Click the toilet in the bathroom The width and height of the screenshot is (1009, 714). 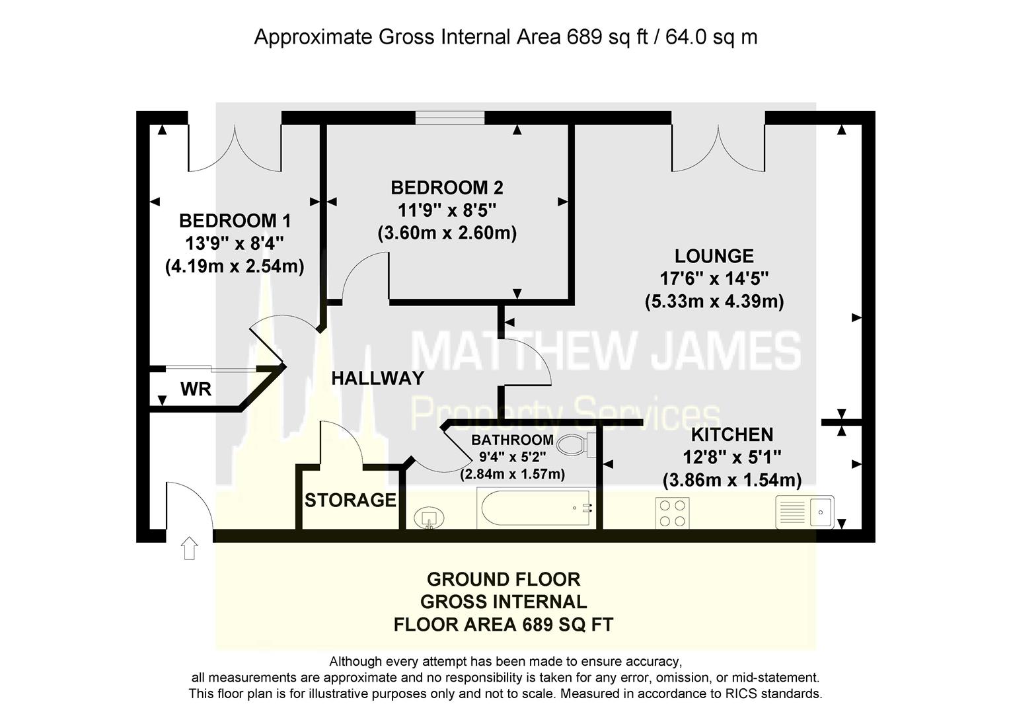click(x=576, y=445)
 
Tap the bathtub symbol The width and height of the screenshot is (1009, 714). click(x=536, y=508)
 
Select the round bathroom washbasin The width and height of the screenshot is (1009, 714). click(x=429, y=518)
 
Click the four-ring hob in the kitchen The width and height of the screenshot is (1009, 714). click(x=672, y=512)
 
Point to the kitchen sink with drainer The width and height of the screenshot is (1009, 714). click(x=805, y=512)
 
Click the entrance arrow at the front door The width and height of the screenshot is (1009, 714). click(x=189, y=548)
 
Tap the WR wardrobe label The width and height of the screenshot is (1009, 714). click(x=196, y=389)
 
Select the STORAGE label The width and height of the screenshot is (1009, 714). click(x=350, y=500)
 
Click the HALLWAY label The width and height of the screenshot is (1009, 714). click(x=377, y=377)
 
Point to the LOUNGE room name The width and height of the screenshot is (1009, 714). click(x=714, y=256)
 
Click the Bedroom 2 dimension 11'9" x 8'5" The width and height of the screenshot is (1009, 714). click(x=447, y=210)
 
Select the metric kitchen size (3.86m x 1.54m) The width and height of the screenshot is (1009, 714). click(x=732, y=479)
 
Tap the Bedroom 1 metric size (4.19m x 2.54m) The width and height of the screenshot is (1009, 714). click(x=235, y=266)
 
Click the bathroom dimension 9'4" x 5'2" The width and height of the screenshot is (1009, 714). click(x=512, y=457)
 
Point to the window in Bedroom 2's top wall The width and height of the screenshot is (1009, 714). click(x=449, y=118)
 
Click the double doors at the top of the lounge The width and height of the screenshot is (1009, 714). click(x=718, y=149)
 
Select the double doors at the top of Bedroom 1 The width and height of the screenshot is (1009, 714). click(x=235, y=149)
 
